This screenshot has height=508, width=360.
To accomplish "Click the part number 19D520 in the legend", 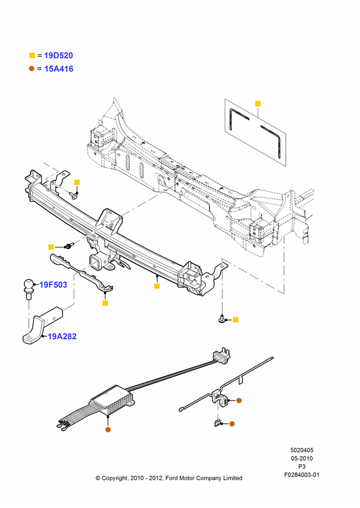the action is click(x=58, y=55).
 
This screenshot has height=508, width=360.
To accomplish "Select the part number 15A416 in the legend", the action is click(x=58, y=69).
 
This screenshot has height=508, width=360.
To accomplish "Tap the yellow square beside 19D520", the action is click(x=32, y=55).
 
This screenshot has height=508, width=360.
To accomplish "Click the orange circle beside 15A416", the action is click(x=32, y=69).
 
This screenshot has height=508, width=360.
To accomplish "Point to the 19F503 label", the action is click(x=53, y=285).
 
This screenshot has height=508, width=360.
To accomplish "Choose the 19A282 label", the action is click(x=62, y=336).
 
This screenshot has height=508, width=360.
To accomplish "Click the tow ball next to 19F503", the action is click(x=28, y=288).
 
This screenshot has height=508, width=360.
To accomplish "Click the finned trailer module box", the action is click(x=112, y=401).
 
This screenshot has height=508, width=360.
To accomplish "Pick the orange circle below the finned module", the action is click(x=108, y=430).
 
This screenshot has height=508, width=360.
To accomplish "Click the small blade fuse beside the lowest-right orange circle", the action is click(x=218, y=423).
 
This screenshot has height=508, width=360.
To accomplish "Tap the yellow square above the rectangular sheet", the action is click(x=258, y=104).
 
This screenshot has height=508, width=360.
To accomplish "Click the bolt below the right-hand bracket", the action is click(x=222, y=319).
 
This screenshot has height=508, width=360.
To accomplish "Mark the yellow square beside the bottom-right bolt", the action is click(x=235, y=320).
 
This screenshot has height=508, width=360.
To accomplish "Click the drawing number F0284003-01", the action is click(x=302, y=475).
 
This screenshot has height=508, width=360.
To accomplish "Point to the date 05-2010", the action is click(x=302, y=458).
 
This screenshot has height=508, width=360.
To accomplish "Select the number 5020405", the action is click(x=302, y=450).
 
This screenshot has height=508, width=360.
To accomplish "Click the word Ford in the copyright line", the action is click(x=172, y=478).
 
